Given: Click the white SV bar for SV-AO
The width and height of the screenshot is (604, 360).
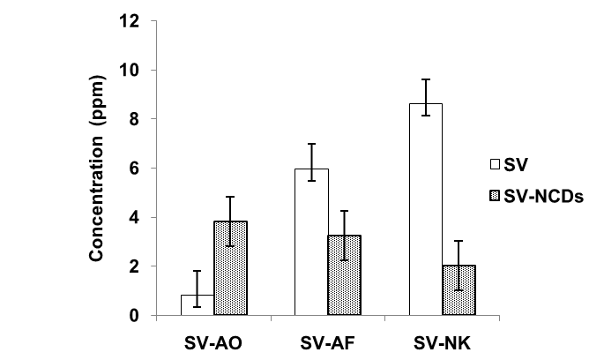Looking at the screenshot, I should coord(198,305).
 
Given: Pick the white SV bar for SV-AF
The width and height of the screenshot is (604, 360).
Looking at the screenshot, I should coord(311,242).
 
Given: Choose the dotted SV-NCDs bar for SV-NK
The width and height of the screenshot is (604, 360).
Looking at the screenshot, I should coord(459,290).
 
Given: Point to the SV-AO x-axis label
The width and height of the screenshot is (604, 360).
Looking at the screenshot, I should coord(214,340).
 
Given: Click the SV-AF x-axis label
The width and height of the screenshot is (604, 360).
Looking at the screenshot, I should coord(328,340).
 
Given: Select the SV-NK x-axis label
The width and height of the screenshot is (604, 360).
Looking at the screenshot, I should coord(443,340).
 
